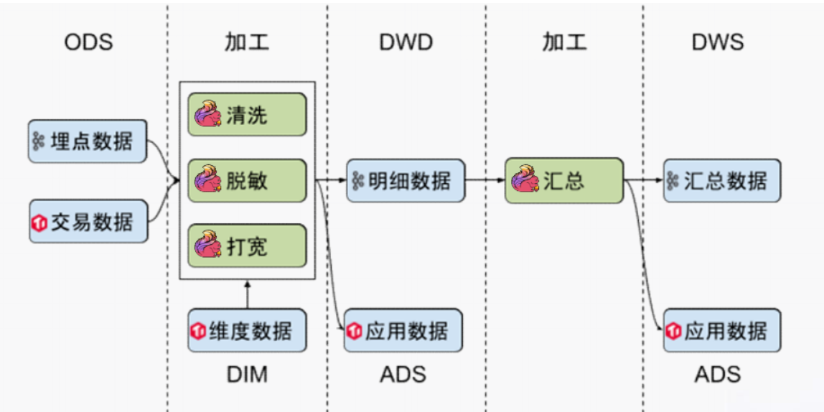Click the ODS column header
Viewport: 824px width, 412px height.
tap(88, 42)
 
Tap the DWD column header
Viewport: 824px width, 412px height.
tap(406, 42)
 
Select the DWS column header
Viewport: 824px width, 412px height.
tap(718, 42)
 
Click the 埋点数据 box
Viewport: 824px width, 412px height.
tap(88, 141)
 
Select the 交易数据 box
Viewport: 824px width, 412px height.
tap(88, 222)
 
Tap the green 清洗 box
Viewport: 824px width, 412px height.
tap(247, 113)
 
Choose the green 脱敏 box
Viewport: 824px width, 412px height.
tap(247, 180)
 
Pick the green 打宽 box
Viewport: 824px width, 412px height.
tap(247, 246)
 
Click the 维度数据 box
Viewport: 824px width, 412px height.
tap(247, 330)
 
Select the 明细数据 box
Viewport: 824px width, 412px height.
tap(406, 180)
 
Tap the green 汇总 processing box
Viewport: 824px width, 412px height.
tap(563, 180)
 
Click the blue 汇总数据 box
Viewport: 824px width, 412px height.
tap(721, 180)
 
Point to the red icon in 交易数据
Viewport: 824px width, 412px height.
tap(39, 223)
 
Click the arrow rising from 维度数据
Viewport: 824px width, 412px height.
tap(247, 295)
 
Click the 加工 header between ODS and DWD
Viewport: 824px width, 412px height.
tap(246, 42)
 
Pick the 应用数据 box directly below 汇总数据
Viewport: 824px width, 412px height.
tap(721, 330)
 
